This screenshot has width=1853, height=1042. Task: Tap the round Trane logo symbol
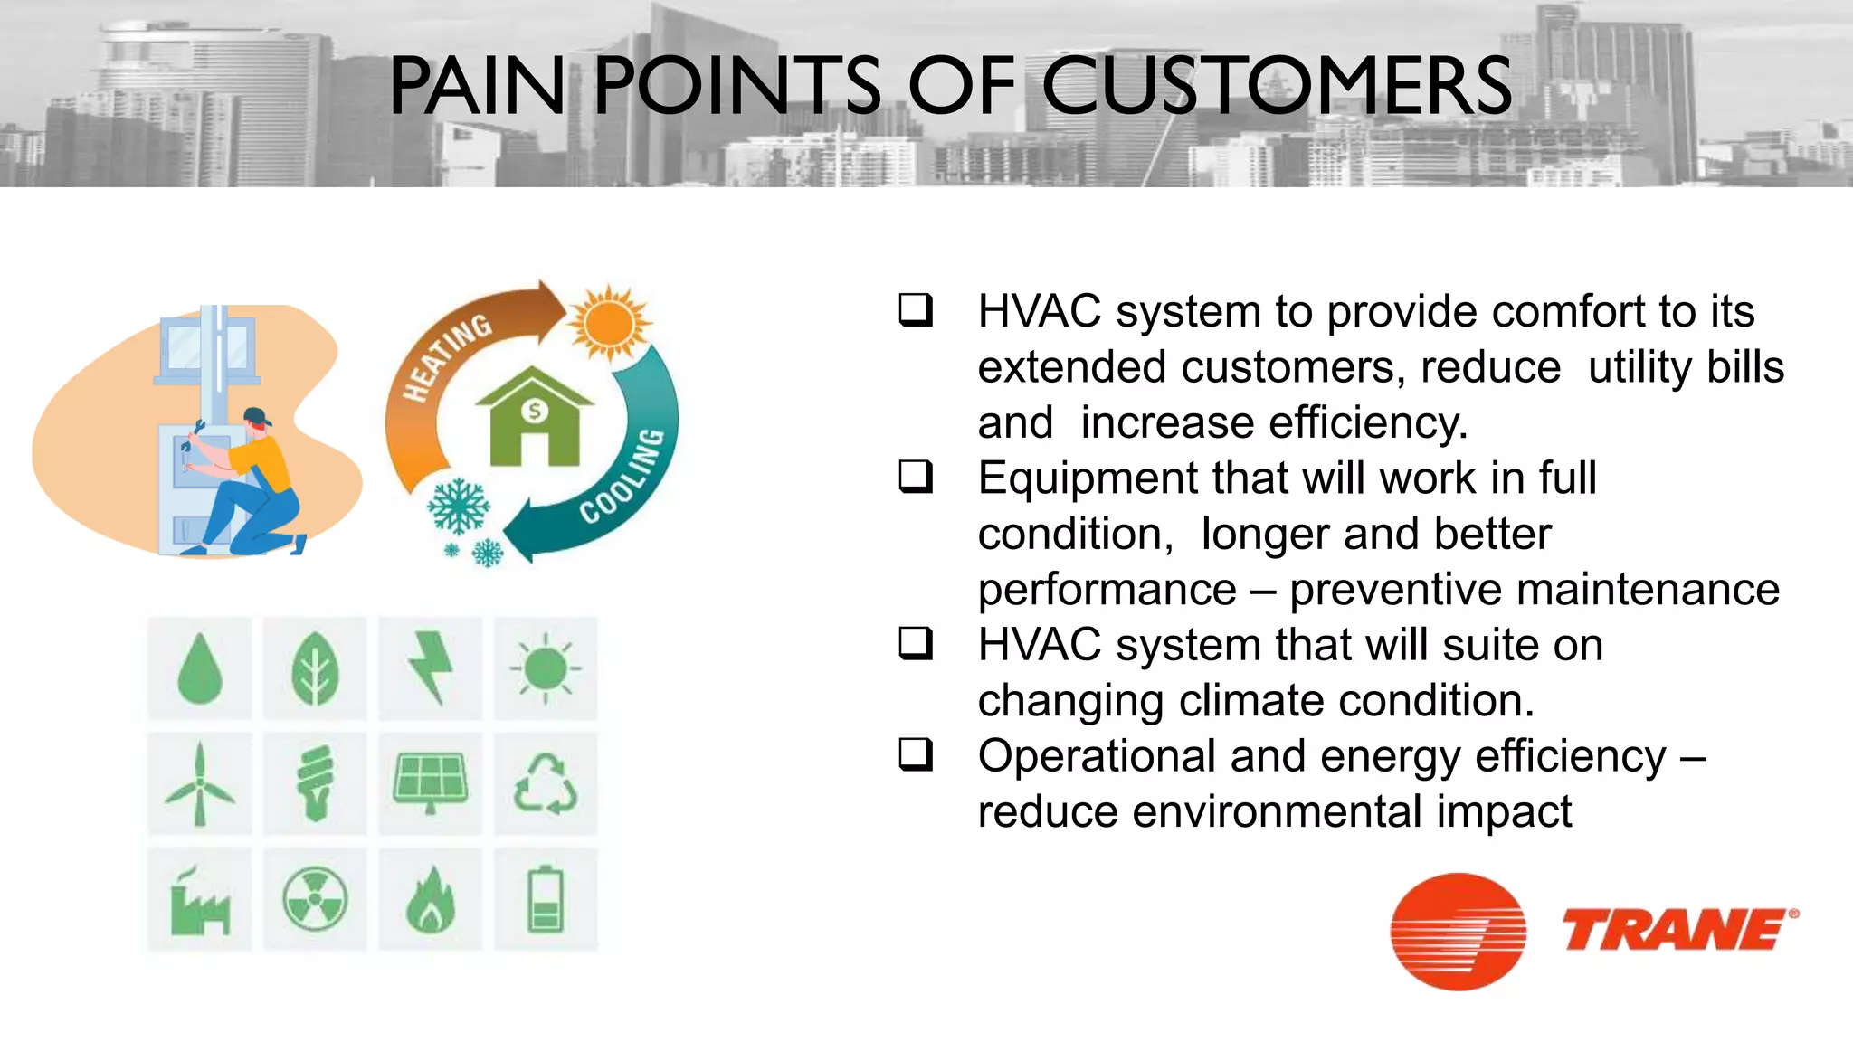pos(1458,932)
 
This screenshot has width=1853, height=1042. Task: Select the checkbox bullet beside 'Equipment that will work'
pos(915,476)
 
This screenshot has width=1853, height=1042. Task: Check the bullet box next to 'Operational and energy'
pos(915,754)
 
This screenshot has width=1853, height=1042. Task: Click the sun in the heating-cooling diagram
pos(610,324)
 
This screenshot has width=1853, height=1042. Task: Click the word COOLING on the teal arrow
pos(623,476)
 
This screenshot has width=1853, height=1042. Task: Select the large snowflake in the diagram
pos(459,507)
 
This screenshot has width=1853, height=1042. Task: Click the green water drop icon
pos(200,669)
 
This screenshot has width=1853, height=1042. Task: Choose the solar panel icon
pos(431,783)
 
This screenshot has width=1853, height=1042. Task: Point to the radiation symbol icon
pos(315,900)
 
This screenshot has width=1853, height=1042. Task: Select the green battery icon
pos(546,900)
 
